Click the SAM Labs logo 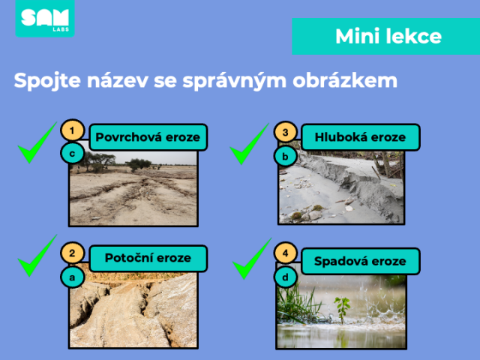(45, 18)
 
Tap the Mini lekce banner (386, 37)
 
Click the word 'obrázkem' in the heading (345, 80)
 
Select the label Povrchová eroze (148, 137)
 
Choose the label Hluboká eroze (360, 137)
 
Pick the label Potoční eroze (148, 258)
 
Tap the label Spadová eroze (360, 261)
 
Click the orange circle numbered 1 (72, 130)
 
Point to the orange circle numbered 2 (72, 253)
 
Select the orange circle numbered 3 (285, 132)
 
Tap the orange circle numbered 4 (285, 253)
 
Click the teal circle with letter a (72, 277)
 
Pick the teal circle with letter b (285, 157)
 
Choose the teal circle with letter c (72, 153)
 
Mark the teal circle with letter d (285, 277)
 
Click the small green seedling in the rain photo (343, 309)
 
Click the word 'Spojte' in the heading (47, 81)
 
